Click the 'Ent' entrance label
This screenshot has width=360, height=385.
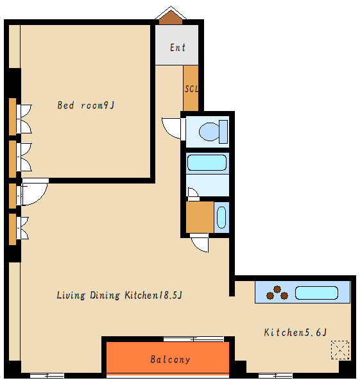[x=178, y=47]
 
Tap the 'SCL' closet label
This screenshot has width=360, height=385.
[x=191, y=89]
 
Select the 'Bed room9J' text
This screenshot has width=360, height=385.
[x=86, y=105]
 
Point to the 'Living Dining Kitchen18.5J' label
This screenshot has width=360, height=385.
[x=119, y=295]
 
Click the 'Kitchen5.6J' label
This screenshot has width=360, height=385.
[x=295, y=332]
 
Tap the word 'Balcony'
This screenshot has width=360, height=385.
[x=170, y=359]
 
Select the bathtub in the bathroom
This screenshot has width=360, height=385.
[x=207, y=162]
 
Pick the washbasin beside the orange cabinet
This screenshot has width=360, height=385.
[x=221, y=218]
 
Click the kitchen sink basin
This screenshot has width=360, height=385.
[x=316, y=293]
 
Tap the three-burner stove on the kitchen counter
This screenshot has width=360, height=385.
[x=277, y=293]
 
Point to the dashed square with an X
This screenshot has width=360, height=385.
[x=340, y=350]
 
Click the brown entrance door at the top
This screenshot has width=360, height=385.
[x=171, y=18]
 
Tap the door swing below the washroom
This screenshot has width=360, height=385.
[x=200, y=243]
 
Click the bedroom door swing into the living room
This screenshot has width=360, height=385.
[x=35, y=192]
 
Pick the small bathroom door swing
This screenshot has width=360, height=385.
[x=193, y=192]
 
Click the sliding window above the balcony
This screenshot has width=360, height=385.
[x=194, y=339]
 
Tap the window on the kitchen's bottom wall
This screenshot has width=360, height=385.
[x=275, y=375]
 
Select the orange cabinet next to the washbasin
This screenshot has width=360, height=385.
[x=200, y=218]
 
